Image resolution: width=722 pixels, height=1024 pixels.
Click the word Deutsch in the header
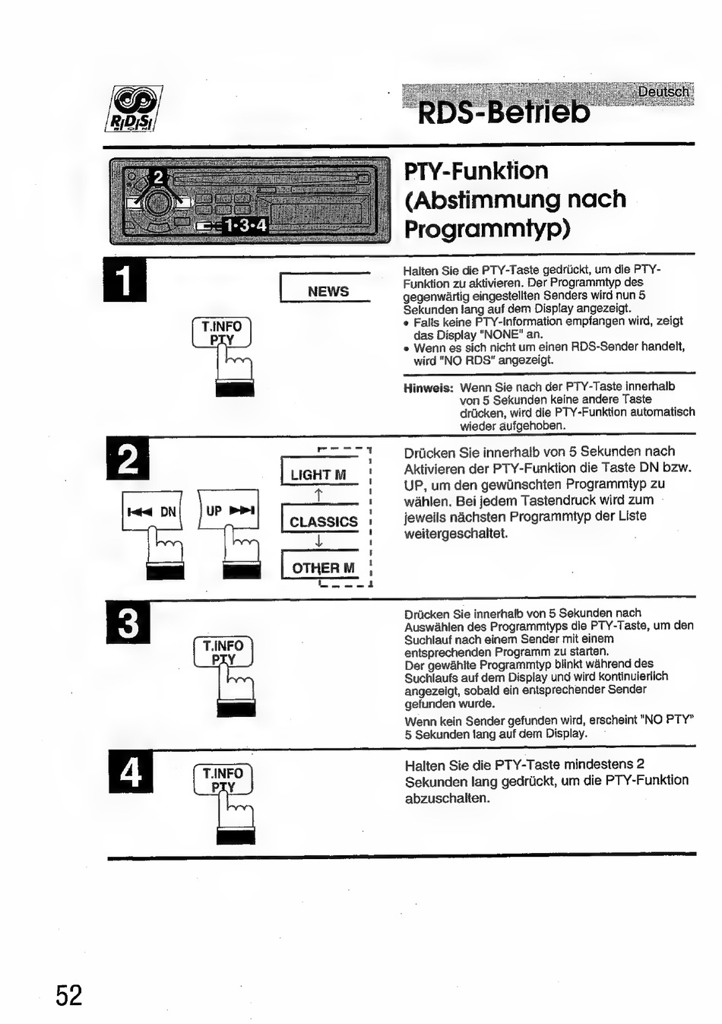663,92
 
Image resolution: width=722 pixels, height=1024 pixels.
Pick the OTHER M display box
323,567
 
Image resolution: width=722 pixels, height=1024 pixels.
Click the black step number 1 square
125,281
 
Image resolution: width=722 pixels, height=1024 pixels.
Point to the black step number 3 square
129,623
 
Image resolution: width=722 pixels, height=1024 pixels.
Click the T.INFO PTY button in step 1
221,332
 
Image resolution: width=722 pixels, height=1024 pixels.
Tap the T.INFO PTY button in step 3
223,651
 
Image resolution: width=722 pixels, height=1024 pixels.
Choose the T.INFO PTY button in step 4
223,779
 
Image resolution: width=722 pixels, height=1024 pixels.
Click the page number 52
68,994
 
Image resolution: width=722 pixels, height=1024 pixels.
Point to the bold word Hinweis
428,388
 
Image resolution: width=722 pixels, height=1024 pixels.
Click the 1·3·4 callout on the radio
245,225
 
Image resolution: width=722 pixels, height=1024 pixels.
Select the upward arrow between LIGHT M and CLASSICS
319,496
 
